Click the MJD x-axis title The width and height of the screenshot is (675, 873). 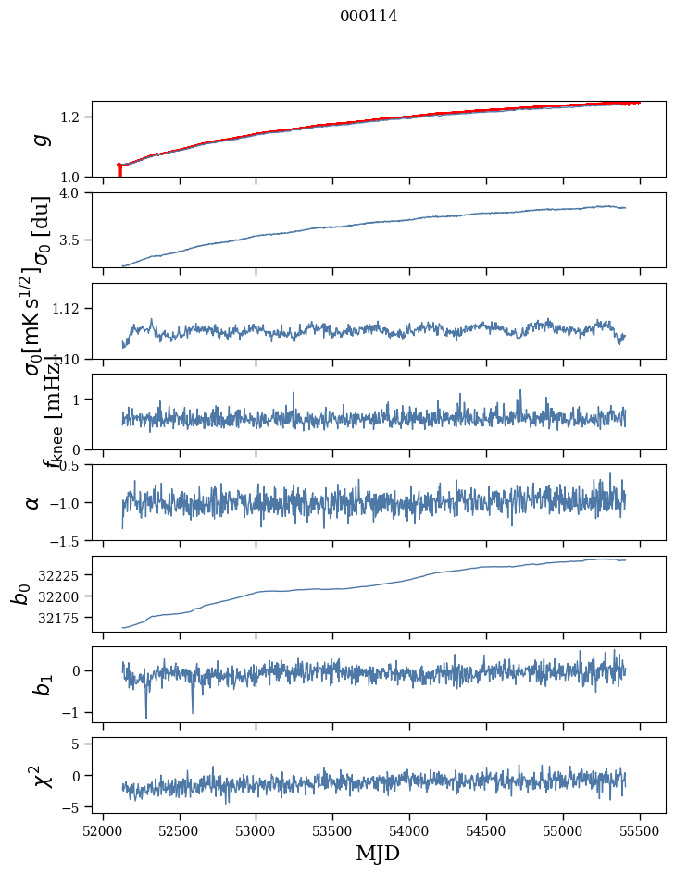pyautogui.click(x=378, y=853)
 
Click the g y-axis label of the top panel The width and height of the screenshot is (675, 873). pyautogui.click(x=39, y=140)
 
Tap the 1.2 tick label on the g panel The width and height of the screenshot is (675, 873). pyautogui.click(x=72, y=117)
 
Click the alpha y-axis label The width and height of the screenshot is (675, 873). pyautogui.click(x=33, y=502)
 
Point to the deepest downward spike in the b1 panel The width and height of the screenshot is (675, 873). pyautogui.click(x=146, y=717)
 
